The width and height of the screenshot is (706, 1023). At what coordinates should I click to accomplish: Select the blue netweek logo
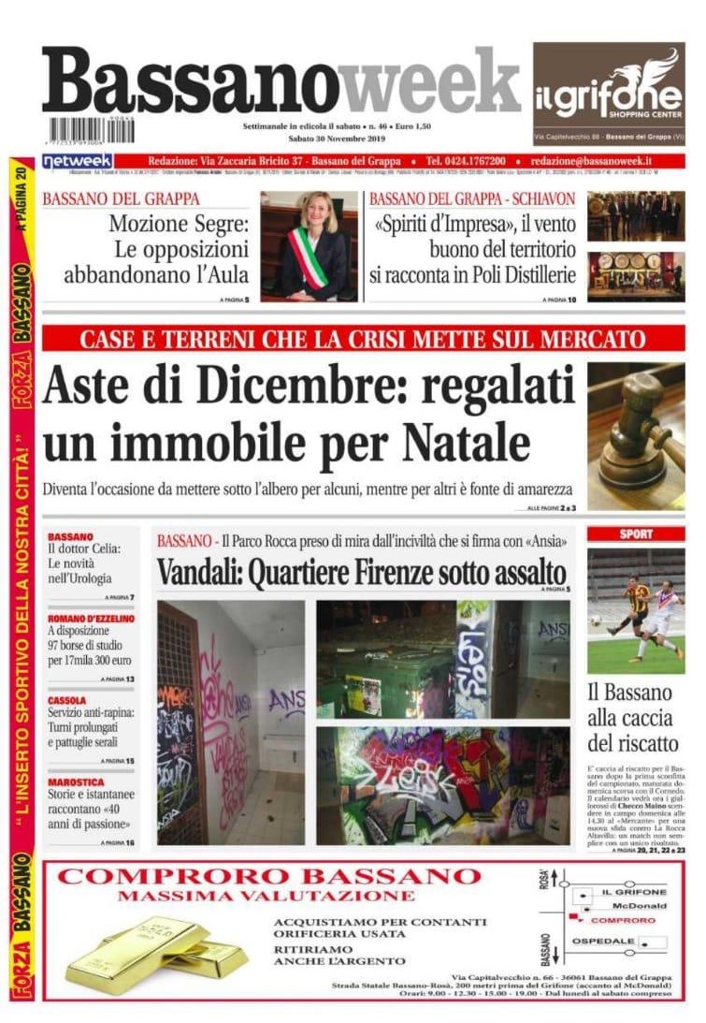pos(78,161)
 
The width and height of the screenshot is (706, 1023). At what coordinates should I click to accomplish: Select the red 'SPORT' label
pos(636,533)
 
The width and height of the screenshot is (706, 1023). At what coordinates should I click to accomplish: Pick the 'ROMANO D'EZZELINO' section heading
pos(92,619)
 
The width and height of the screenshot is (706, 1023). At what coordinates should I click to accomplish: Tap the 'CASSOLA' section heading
pos(67,700)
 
